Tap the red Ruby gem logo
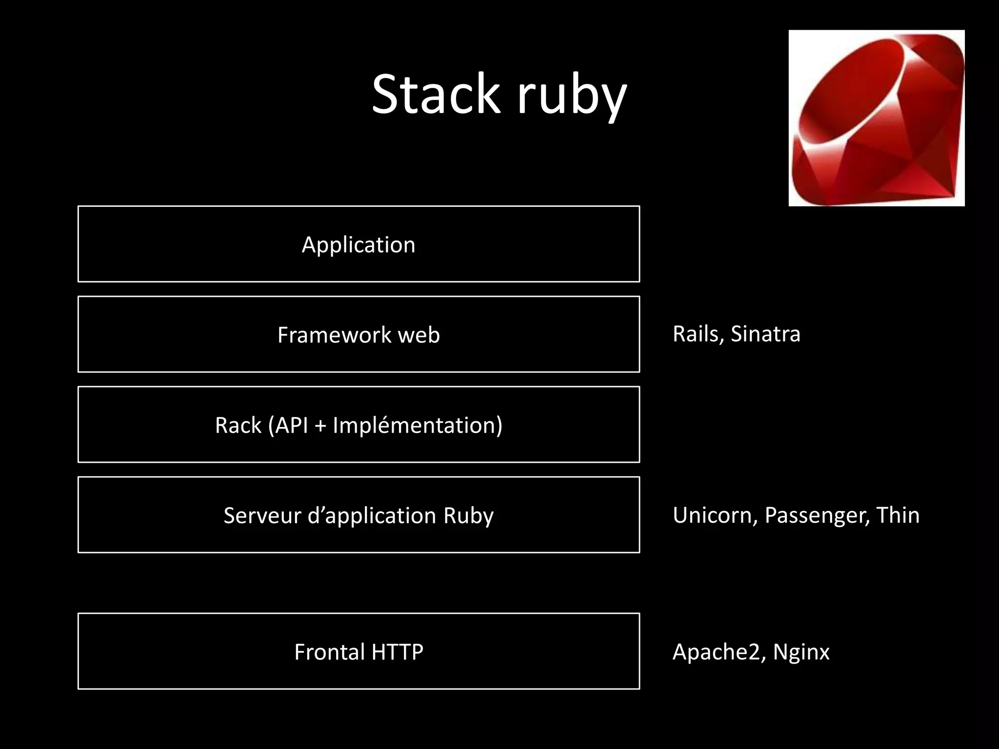[x=876, y=118]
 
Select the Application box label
[x=359, y=245]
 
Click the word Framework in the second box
[x=334, y=335]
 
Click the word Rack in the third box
[x=238, y=425]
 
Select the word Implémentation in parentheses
[x=414, y=425]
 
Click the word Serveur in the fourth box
[x=261, y=515]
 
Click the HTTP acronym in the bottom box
[x=397, y=652]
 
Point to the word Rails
[x=697, y=334]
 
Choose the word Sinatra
[x=765, y=334]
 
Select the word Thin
[x=898, y=515]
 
